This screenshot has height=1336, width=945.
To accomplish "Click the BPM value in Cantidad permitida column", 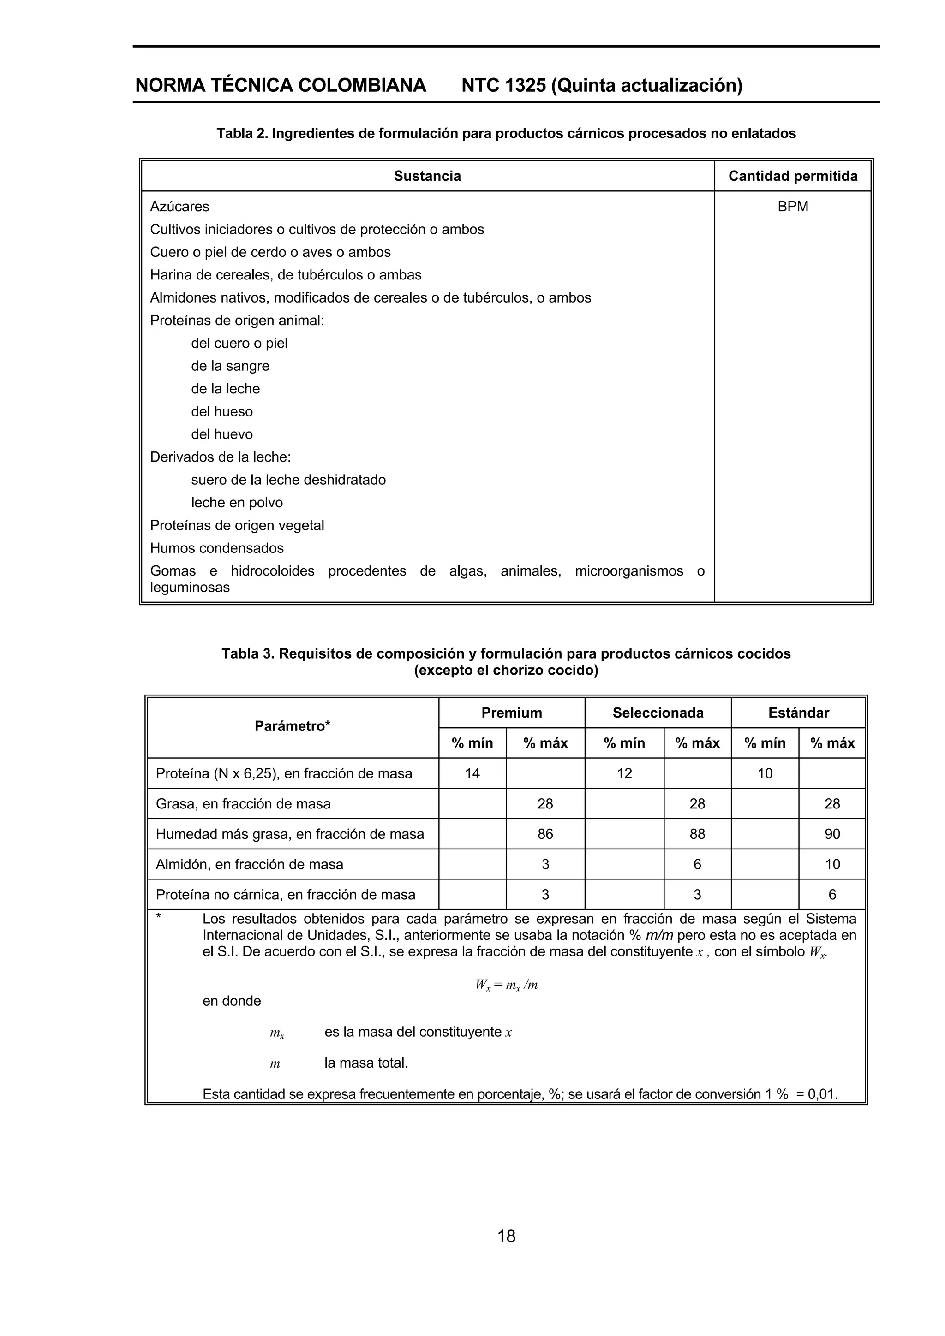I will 792,207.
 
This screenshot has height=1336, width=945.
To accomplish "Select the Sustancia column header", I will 427,176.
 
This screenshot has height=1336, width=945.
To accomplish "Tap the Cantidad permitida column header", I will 792,176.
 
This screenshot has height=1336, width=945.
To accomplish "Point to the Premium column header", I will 511,713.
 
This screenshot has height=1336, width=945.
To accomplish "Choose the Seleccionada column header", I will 658,713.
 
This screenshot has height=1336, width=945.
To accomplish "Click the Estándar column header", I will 798,713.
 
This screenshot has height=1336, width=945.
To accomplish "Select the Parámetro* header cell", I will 292,726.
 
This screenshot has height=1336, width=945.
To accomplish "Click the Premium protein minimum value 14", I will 472,773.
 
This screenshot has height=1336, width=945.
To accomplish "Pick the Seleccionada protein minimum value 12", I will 624,773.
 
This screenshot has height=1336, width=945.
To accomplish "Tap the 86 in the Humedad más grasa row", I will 545,834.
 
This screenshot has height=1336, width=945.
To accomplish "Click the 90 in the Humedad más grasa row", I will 832,834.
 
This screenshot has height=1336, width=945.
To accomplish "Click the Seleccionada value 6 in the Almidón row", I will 697,864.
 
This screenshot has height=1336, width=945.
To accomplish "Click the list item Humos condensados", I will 216,548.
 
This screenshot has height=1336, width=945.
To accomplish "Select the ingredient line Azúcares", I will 179,207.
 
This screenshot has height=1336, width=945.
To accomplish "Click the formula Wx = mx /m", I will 506,985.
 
